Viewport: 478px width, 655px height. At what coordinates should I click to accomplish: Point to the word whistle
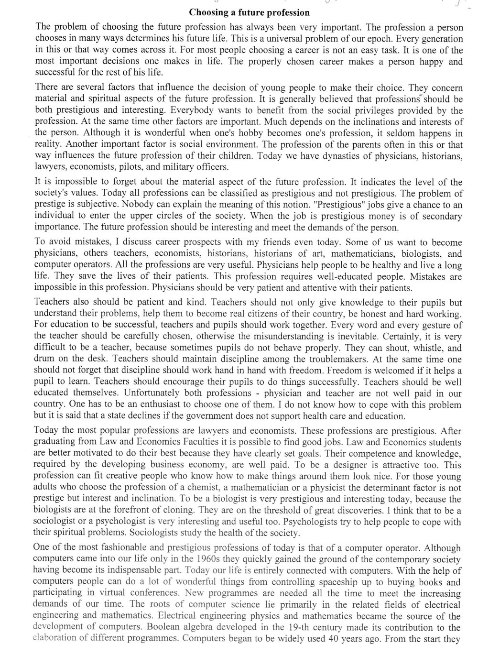(420, 348)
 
